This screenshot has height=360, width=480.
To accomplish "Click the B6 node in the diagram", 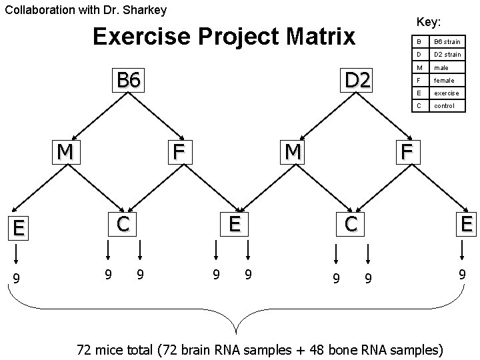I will click(129, 80).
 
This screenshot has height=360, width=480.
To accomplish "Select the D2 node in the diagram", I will click(357, 80).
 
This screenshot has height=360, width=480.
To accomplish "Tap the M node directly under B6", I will click(65, 152).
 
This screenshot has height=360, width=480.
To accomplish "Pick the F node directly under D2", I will click(407, 151).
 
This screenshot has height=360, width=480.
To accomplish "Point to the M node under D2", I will click(292, 152).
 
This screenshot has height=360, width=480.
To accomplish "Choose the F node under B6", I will click(178, 151).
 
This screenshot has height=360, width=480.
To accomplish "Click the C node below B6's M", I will click(123, 224).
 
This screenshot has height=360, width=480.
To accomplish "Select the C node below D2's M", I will click(351, 224).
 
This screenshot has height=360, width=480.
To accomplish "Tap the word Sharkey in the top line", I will click(145, 10).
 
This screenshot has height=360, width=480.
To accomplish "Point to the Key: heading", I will click(428, 22).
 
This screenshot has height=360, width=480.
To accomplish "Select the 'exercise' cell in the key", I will click(446, 93).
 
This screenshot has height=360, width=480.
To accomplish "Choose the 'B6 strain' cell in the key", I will click(447, 42).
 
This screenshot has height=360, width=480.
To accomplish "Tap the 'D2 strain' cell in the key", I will click(447, 55).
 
